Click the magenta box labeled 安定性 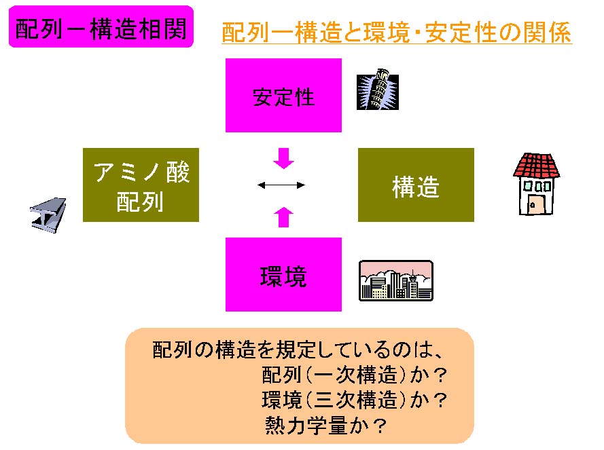coord(283,96)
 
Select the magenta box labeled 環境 coord(283,275)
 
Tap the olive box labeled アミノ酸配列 coord(141,185)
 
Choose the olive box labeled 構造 coord(416,185)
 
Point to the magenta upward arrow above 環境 coord(283,217)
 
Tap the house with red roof coord(535,184)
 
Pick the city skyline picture coord(395,280)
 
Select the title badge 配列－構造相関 coord(101,29)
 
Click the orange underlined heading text coord(397,33)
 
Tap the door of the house coord(535,202)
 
